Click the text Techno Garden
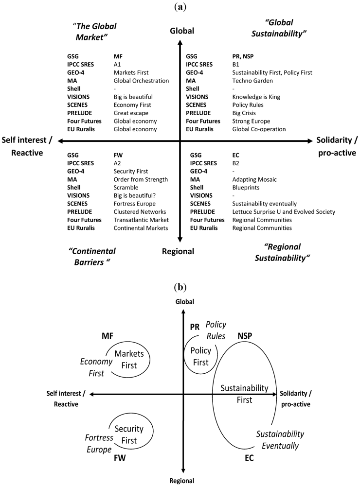click(252, 80)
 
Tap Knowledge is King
click(256, 97)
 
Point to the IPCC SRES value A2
click(117, 163)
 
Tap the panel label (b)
click(180, 286)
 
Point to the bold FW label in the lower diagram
click(119, 458)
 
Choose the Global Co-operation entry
click(259, 129)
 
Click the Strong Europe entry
click(251, 121)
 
